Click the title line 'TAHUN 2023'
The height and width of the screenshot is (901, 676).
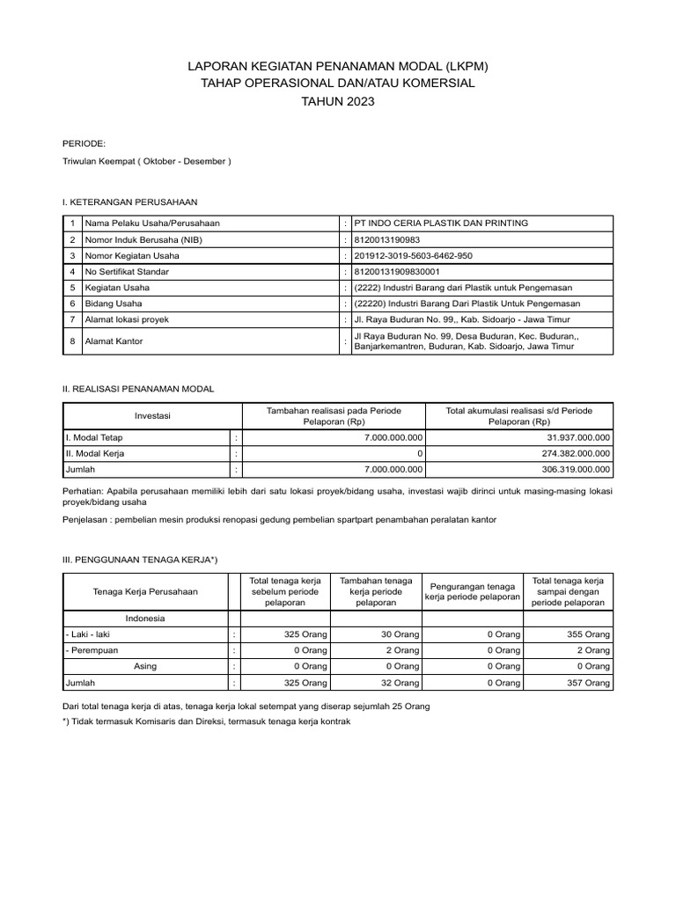[x=338, y=102]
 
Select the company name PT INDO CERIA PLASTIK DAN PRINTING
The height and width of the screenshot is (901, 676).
[x=440, y=223]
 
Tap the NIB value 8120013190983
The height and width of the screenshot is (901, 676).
[x=387, y=239]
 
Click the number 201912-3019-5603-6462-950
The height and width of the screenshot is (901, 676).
[x=414, y=255]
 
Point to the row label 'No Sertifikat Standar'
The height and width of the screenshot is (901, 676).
[x=127, y=271]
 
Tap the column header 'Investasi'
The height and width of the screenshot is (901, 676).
[x=152, y=415]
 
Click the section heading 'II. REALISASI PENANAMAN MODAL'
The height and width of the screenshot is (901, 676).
[x=138, y=388]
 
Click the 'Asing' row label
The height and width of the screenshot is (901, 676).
[x=144, y=666]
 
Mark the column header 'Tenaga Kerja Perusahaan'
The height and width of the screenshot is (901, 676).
[x=145, y=592]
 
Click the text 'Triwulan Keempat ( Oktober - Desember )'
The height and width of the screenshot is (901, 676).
[x=147, y=162]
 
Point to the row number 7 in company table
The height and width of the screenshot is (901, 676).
[x=72, y=319]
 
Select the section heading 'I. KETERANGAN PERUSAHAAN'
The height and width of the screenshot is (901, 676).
[x=129, y=201]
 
